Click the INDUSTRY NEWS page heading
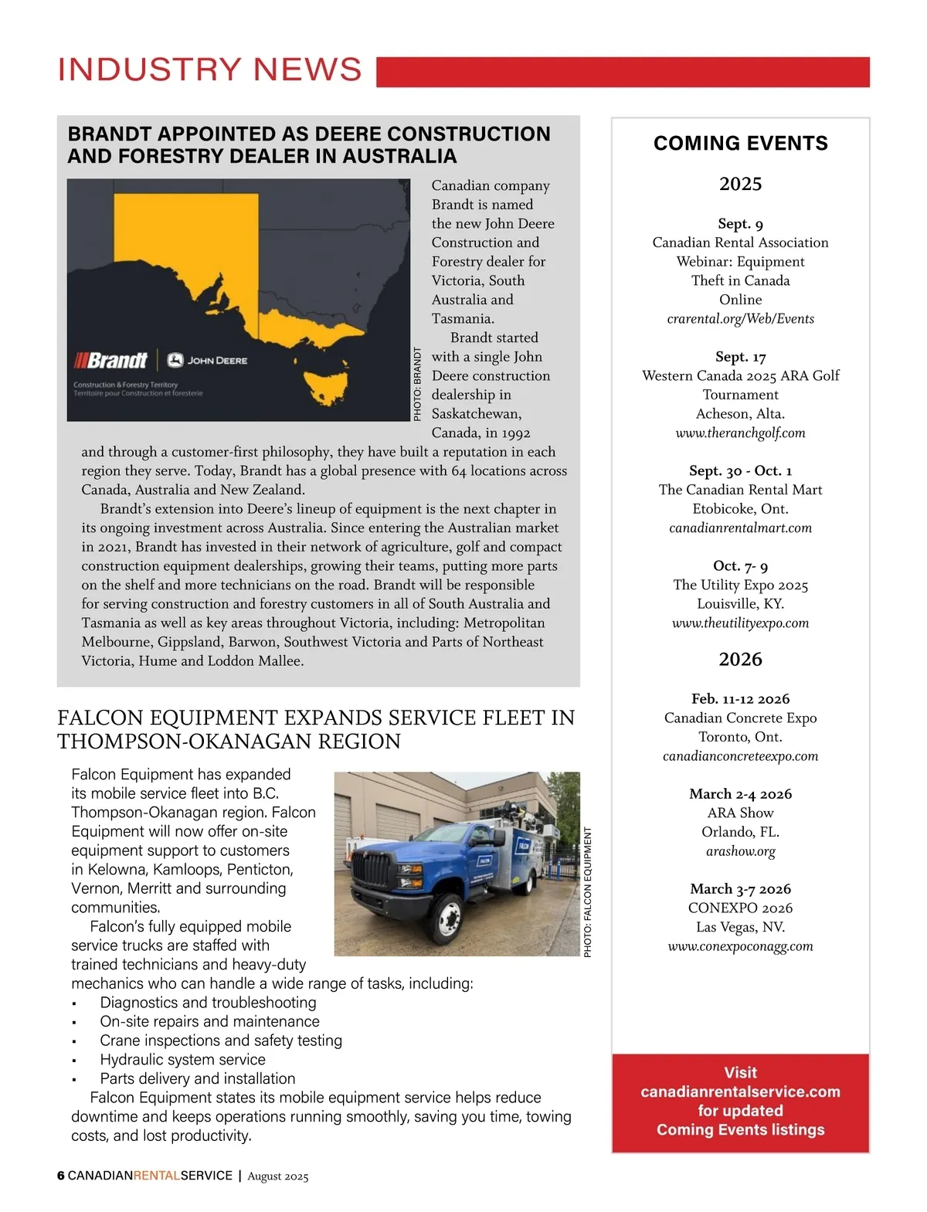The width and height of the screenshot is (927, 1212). click(209, 70)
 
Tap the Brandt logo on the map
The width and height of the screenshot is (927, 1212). click(111, 361)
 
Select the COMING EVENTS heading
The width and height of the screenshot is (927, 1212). click(740, 144)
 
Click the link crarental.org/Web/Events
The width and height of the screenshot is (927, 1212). click(740, 319)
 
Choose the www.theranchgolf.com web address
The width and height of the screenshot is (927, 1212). click(740, 433)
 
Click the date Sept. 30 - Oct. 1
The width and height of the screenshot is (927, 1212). click(740, 471)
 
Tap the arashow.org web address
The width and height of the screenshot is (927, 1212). click(740, 851)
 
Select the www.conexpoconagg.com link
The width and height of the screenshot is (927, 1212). click(740, 946)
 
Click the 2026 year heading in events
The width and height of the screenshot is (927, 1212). click(740, 660)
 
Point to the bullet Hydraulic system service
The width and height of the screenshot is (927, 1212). click(182, 1060)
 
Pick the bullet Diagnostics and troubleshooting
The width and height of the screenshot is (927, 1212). click(208, 1003)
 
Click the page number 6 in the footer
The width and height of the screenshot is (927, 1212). click(61, 1176)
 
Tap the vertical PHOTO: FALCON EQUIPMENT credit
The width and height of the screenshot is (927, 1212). click(588, 892)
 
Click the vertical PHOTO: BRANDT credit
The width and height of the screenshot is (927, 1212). click(418, 384)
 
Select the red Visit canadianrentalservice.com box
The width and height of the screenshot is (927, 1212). click(740, 1102)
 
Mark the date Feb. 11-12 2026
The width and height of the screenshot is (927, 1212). click(740, 699)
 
